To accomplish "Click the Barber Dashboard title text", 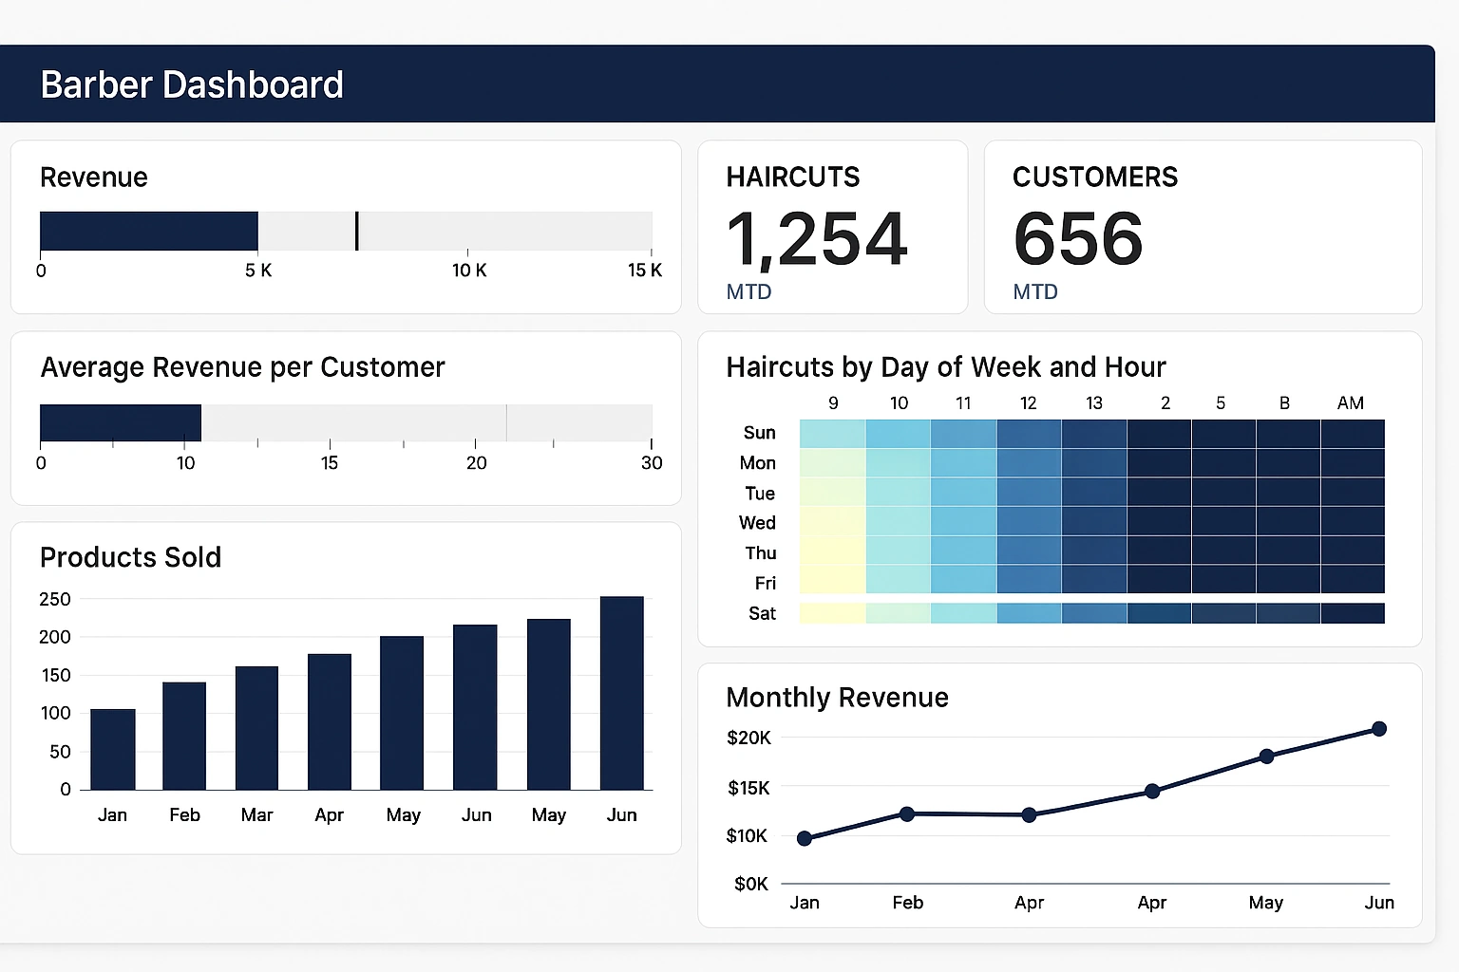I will coord(192,85).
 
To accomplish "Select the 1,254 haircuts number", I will coord(817,239).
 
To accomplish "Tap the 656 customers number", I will coord(1078,239).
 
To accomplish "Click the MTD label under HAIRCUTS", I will coord(748,292).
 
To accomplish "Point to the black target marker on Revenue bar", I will coord(356,231).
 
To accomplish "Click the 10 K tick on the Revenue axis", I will coord(468,271).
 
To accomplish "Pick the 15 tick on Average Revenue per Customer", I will coord(330,463).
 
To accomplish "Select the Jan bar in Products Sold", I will coord(112,749).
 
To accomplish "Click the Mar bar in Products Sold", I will coord(256,728).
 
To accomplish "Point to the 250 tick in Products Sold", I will coord(55,599).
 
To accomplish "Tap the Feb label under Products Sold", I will coord(184,815).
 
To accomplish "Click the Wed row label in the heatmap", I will coord(757,523).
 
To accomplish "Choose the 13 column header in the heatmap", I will coord(1094,403).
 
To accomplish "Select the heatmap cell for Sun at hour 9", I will coord(833,434).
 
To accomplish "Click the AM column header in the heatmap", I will coord(1350,403).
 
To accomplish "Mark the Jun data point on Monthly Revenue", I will coord(1379,729).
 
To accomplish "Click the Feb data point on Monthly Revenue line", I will coord(907,814).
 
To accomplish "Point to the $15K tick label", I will coord(748,788).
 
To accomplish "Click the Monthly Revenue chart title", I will coord(837,698).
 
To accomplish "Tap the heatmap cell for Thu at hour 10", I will coord(898,551).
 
